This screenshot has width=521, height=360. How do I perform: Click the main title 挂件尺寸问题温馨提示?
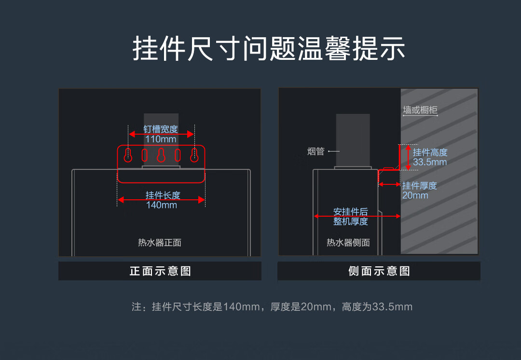point(269,48)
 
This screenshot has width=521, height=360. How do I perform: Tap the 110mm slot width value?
point(161,139)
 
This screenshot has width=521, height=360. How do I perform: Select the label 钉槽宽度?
point(161,129)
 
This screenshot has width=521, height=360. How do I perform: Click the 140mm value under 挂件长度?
point(162,205)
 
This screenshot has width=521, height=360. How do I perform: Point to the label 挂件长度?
point(163,195)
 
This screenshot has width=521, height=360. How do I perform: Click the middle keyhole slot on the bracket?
point(161,155)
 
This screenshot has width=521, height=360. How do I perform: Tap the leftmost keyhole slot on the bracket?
point(128,155)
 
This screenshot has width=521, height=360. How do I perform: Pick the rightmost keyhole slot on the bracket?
point(194,155)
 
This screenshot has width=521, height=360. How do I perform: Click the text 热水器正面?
point(160,243)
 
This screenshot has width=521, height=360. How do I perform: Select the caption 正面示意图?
point(160,271)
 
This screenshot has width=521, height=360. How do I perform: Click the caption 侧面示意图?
point(379,271)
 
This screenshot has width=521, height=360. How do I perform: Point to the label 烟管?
point(316,152)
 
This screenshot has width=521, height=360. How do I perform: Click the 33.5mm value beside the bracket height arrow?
point(430,162)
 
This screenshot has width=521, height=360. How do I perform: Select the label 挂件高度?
point(430,152)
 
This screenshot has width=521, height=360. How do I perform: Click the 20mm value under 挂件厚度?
point(415,195)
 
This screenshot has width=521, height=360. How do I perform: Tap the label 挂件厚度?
point(420,186)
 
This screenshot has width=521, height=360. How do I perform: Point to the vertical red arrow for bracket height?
point(408,157)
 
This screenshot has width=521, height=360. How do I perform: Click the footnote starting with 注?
point(272,307)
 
